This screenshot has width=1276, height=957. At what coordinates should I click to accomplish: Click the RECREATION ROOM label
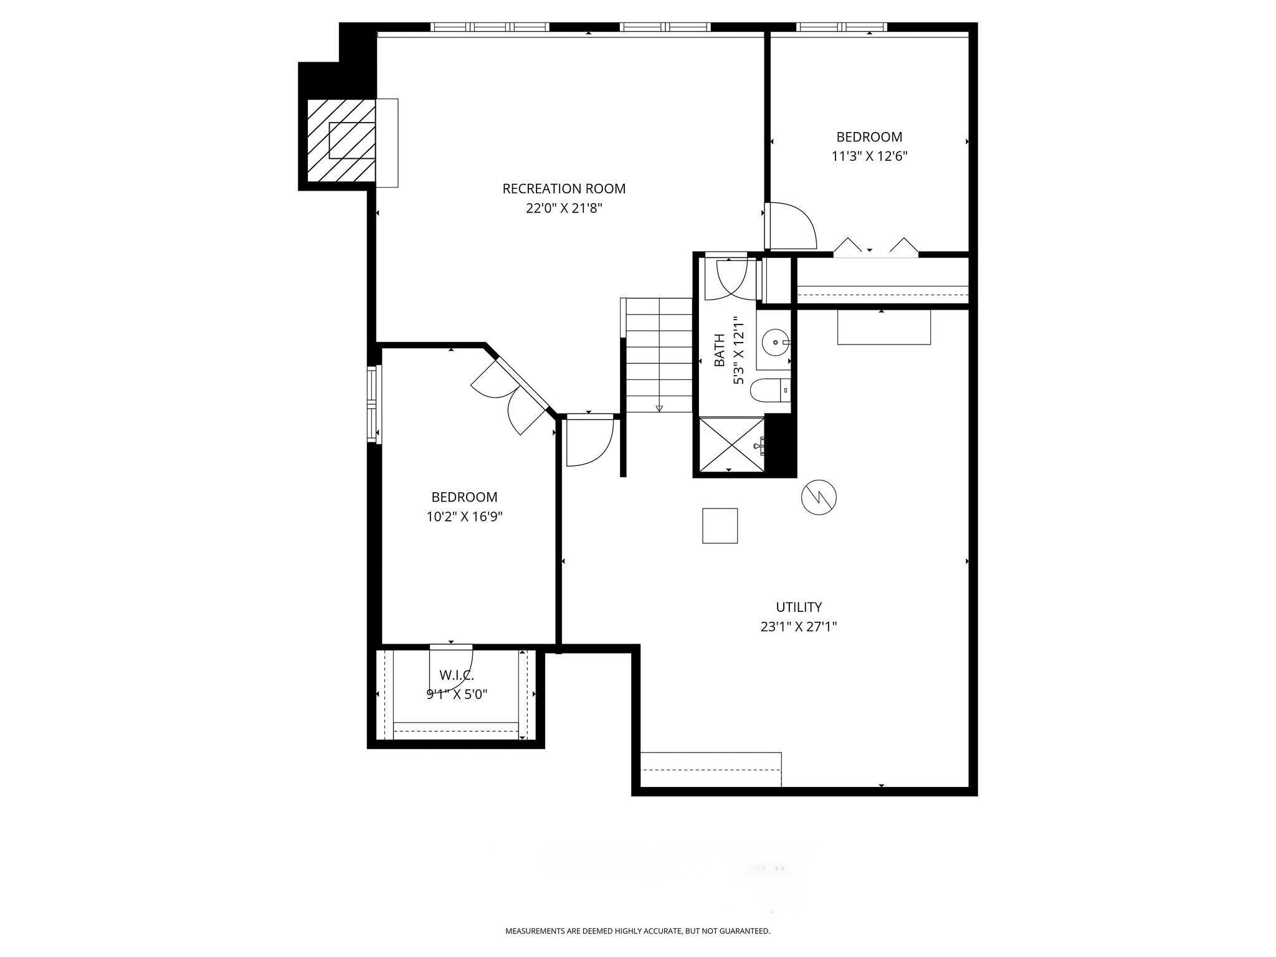tap(564, 188)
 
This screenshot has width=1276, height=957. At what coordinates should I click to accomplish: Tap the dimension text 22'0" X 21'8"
tap(564, 208)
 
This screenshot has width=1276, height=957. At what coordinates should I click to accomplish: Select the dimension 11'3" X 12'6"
tap(869, 156)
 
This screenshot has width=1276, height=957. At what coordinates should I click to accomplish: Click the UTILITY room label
tap(799, 607)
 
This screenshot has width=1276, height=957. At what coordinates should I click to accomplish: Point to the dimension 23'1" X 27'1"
tap(799, 627)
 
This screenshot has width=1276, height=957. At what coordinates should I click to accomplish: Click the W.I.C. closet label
tap(457, 675)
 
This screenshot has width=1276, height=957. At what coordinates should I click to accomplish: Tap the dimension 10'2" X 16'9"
tap(464, 517)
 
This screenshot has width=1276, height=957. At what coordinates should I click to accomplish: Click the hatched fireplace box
tap(341, 141)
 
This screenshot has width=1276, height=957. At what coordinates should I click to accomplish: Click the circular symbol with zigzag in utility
tap(819, 497)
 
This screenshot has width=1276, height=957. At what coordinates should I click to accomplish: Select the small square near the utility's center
tap(720, 526)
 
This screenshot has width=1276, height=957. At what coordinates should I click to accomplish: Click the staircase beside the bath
tap(659, 355)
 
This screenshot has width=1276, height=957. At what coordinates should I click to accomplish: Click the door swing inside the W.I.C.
tap(452, 665)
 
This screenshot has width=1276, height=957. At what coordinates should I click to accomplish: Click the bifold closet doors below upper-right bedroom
tap(875, 247)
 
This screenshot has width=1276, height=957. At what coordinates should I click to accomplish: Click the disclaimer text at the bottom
tap(637, 931)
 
